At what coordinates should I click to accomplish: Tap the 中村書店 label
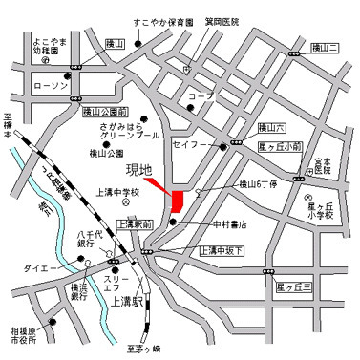tap(229, 225)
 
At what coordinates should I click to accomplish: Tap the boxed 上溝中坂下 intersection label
tap(222, 250)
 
